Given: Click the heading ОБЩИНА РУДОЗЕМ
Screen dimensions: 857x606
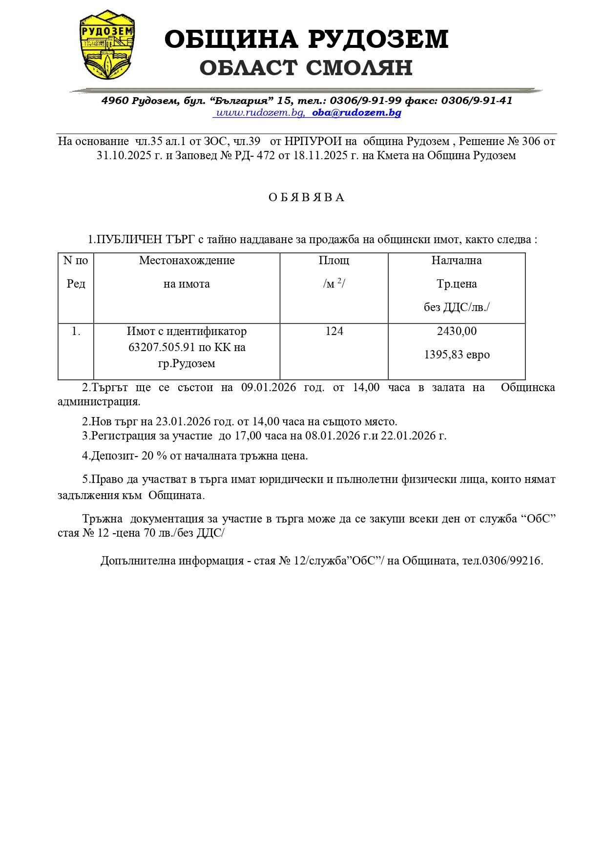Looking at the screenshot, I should click(x=306, y=40).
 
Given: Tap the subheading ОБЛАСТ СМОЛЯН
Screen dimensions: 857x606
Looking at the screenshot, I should click(x=306, y=68).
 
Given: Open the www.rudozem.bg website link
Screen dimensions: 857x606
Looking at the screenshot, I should click(x=260, y=113).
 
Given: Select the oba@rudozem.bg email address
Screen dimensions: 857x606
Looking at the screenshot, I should click(x=356, y=113).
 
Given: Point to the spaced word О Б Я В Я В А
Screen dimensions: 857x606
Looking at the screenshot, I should click(x=306, y=197).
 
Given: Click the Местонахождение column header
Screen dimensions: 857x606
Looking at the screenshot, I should click(x=187, y=260).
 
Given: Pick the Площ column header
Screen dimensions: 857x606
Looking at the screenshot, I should click(x=334, y=260).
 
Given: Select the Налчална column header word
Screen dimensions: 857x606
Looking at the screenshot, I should click(x=457, y=260).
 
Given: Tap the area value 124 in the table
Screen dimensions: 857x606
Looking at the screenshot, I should click(x=334, y=331).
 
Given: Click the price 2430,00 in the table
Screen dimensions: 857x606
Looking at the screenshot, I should click(x=457, y=331).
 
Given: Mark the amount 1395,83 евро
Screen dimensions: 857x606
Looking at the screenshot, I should click(x=457, y=355).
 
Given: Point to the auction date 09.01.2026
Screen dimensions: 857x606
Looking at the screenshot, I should click(x=269, y=387).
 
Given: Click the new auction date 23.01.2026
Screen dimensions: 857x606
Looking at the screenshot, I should click(x=183, y=421).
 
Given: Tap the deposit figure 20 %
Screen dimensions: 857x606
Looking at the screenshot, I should click(x=154, y=456).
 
